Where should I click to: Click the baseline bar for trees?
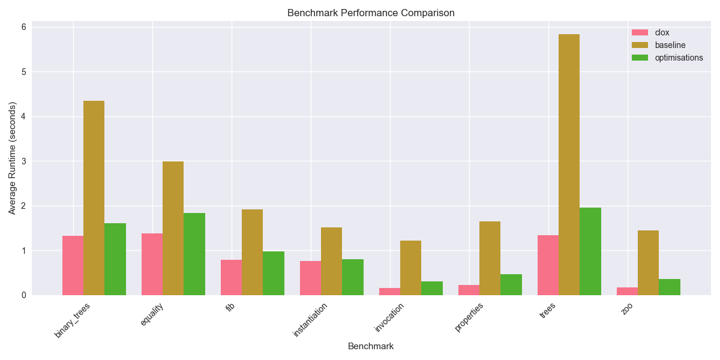coord(569,165)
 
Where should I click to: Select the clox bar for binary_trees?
coord(73,265)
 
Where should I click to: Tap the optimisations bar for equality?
coord(194,254)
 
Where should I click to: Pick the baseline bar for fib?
coord(252,252)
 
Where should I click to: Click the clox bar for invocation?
coord(389,292)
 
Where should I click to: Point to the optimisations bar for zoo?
coord(670,287)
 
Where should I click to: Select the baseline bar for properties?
coord(490,258)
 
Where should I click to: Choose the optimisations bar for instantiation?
coord(353,277)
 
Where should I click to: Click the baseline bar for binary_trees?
coord(94,198)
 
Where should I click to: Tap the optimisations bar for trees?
coord(590,251)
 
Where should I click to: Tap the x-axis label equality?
coord(152,315)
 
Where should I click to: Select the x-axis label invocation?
coord(389,317)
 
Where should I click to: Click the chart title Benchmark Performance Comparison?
coord(371,13)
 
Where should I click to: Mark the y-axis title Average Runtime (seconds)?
coord(13,161)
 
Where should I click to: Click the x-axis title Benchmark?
coord(371,346)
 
